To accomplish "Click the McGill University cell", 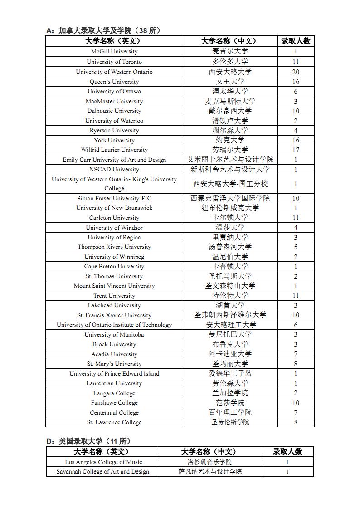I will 114,52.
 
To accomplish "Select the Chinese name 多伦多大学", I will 230,62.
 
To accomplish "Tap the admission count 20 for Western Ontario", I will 296,72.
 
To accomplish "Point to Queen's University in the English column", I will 114,82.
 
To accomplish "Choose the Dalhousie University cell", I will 114,111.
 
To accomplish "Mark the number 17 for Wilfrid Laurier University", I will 296,150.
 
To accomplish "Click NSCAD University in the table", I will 114,170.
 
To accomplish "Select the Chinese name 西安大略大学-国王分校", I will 230,184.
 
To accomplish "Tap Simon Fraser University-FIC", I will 114,198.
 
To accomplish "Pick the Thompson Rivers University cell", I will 114,247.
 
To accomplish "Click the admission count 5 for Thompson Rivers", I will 296,247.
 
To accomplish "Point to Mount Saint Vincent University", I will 114,286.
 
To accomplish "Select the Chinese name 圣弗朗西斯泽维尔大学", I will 230,315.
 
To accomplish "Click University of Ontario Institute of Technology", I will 114,325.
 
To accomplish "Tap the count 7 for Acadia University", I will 296,354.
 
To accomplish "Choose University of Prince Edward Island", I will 114,374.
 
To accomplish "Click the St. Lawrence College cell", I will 114,422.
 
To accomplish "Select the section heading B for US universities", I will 88,441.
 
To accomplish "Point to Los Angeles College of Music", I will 103,462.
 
